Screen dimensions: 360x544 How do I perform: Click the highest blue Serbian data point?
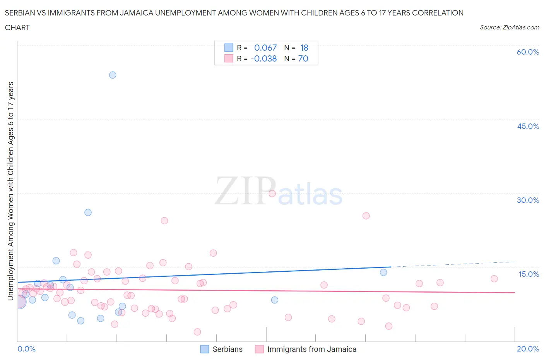113,75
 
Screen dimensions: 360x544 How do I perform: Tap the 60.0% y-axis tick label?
528,52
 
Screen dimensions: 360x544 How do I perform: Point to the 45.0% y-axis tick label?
528,126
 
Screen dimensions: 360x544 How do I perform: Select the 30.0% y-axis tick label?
528,200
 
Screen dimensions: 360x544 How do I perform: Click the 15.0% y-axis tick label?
529,274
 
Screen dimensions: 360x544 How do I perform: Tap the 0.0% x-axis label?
26,349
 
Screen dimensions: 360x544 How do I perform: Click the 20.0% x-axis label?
528,349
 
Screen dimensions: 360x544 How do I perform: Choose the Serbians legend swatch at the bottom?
205,349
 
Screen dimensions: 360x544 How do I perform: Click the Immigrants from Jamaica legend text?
311,349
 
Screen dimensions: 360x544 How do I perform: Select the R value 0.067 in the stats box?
265,48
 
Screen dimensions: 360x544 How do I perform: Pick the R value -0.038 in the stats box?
263,58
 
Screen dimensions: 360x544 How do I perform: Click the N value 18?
304,48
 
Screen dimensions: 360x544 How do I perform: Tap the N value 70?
303,58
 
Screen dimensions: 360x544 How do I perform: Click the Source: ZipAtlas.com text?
509,27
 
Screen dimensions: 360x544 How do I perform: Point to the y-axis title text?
10,191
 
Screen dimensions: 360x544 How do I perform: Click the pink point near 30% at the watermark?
272,194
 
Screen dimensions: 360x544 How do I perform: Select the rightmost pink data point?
494,279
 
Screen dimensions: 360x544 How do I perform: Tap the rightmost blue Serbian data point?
383,273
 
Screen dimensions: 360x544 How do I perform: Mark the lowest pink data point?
197,332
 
